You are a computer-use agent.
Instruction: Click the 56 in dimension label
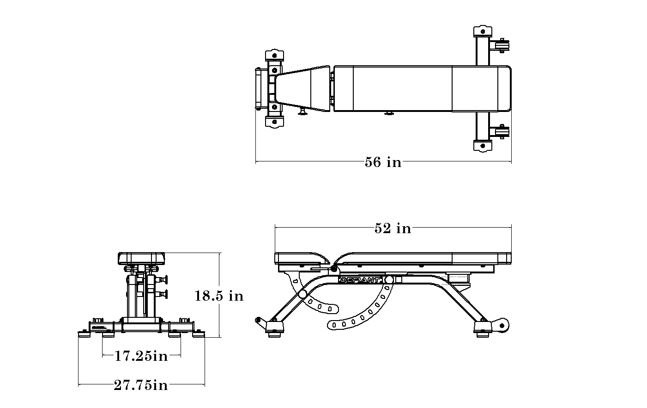tap(383, 162)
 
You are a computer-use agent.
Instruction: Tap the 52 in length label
tap(393, 229)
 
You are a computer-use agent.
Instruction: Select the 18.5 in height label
tap(218, 296)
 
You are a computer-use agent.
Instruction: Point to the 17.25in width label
tap(141, 356)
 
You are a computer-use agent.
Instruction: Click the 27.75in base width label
tap(141, 385)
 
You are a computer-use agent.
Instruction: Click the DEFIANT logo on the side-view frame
tap(360, 280)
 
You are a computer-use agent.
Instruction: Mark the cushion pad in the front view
tap(141, 258)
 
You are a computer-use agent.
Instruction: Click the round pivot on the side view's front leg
tap(303, 294)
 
